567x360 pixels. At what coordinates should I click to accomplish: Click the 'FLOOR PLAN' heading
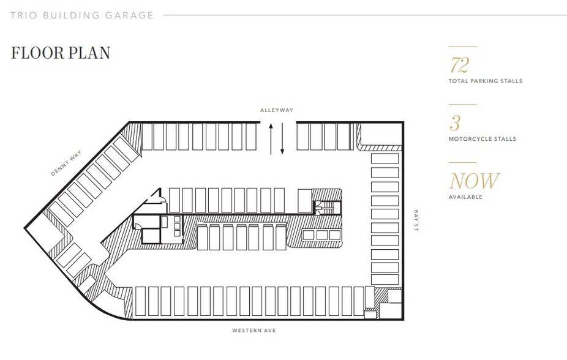[61, 53]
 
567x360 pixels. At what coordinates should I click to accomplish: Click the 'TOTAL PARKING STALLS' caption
[486, 81]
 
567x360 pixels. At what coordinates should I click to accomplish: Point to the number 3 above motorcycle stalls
[454, 123]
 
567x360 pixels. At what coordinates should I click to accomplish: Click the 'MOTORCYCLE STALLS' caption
[483, 139]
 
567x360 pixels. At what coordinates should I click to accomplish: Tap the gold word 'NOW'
[475, 181]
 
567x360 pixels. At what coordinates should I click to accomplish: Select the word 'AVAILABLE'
[465, 197]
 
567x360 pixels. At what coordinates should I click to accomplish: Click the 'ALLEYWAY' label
[276, 110]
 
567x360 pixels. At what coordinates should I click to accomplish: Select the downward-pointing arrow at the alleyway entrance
[282, 140]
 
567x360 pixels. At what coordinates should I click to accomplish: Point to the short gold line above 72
[462, 47]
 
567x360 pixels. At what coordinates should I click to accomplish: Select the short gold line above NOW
[462, 162]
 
